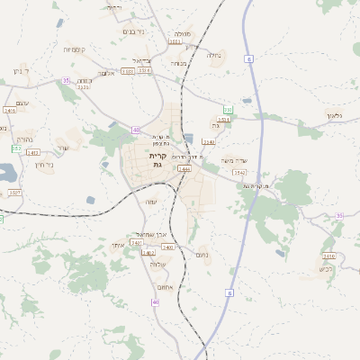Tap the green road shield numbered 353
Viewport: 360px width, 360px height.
click(x=228, y=110)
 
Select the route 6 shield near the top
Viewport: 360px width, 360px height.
click(x=248, y=58)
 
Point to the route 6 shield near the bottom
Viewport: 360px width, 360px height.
click(x=229, y=292)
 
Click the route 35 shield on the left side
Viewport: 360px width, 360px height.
click(x=65, y=80)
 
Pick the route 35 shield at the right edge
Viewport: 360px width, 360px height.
click(x=339, y=215)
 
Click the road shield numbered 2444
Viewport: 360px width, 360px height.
click(x=184, y=168)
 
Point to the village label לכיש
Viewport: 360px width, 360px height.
click(x=325, y=269)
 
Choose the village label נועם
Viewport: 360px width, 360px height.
click(x=203, y=255)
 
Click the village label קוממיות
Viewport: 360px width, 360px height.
click(x=74, y=49)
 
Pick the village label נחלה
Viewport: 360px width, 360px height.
click(x=213, y=56)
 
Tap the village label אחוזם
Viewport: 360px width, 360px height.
click(x=165, y=287)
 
